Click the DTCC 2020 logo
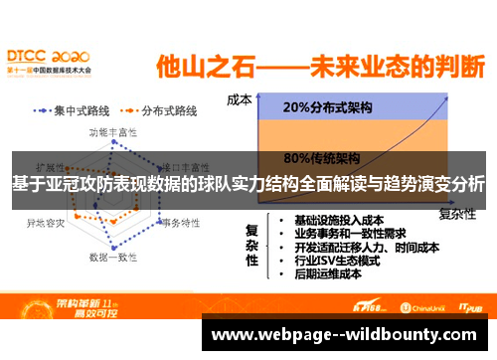[x=48, y=61]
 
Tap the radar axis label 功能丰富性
[x=113, y=131]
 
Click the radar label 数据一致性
[x=113, y=257]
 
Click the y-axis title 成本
[x=239, y=99]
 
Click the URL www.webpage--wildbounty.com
[x=347, y=334]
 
